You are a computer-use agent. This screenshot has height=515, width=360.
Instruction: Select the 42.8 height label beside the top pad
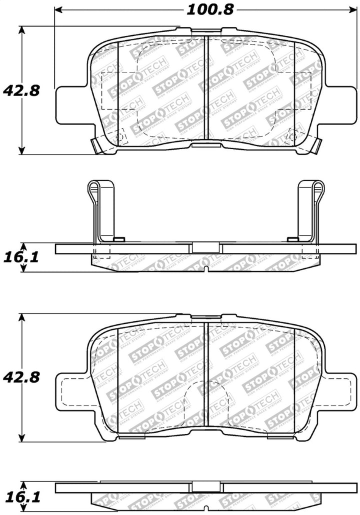(21, 91)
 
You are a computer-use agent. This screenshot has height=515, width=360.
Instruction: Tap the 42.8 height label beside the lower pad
(21, 377)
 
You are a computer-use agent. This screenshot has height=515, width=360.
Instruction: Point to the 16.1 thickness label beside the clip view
(21, 257)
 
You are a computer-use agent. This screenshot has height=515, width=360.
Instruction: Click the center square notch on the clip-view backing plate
(206, 247)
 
